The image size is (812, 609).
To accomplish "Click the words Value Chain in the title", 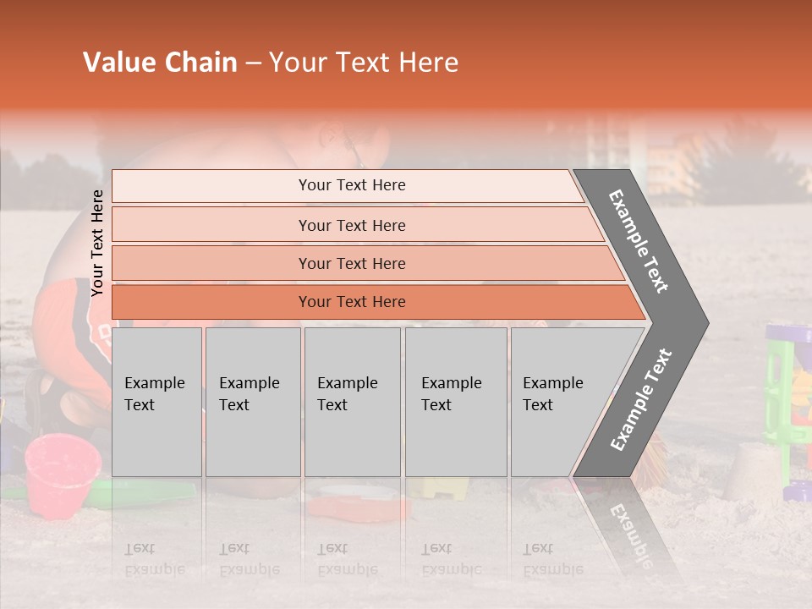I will click(x=160, y=63).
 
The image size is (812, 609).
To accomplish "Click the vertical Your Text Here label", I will click(x=98, y=244).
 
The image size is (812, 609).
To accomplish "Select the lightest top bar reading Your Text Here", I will click(x=352, y=185).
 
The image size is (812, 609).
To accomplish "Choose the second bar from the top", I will click(x=352, y=225).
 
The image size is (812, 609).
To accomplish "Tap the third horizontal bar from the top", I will click(x=352, y=263).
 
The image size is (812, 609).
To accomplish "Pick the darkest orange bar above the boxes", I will click(x=352, y=302).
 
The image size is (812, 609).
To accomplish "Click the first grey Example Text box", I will click(x=156, y=401).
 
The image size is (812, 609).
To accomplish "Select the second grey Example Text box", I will click(x=252, y=401).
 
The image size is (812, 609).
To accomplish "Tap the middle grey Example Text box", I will click(x=352, y=401).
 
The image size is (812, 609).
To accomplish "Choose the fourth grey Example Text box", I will click(x=456, y=401).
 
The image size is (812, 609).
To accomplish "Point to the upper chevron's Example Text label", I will click(x=639, y=241).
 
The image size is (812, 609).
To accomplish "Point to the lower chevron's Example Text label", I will click(x=641, y=399).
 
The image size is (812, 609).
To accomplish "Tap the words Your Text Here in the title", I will click(x=364, y=63).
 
